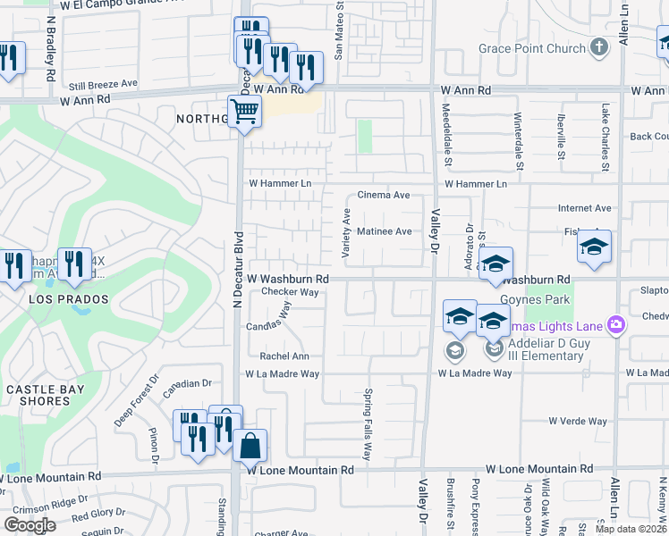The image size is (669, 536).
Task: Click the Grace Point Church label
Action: tap(531, 48)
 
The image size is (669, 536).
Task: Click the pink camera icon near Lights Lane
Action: tap(614, 324)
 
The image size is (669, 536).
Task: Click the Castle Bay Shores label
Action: tap(38, 395)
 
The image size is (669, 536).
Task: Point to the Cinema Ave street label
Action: tap(383, 195)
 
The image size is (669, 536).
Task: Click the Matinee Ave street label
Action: tap(385, 231)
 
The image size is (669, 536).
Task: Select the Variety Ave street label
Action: tap(346, 234)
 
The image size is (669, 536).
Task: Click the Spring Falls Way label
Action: tap(367, 423)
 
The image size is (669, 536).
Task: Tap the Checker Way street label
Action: tap(290, 292)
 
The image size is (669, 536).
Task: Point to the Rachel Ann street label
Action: tap(284, 356)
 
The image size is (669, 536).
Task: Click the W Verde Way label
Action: tap(578, 421)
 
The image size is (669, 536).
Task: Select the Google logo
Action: tap(30, 525)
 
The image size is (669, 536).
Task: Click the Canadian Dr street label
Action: tap(187, 383)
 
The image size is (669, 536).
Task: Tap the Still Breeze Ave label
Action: tap(103, 83)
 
